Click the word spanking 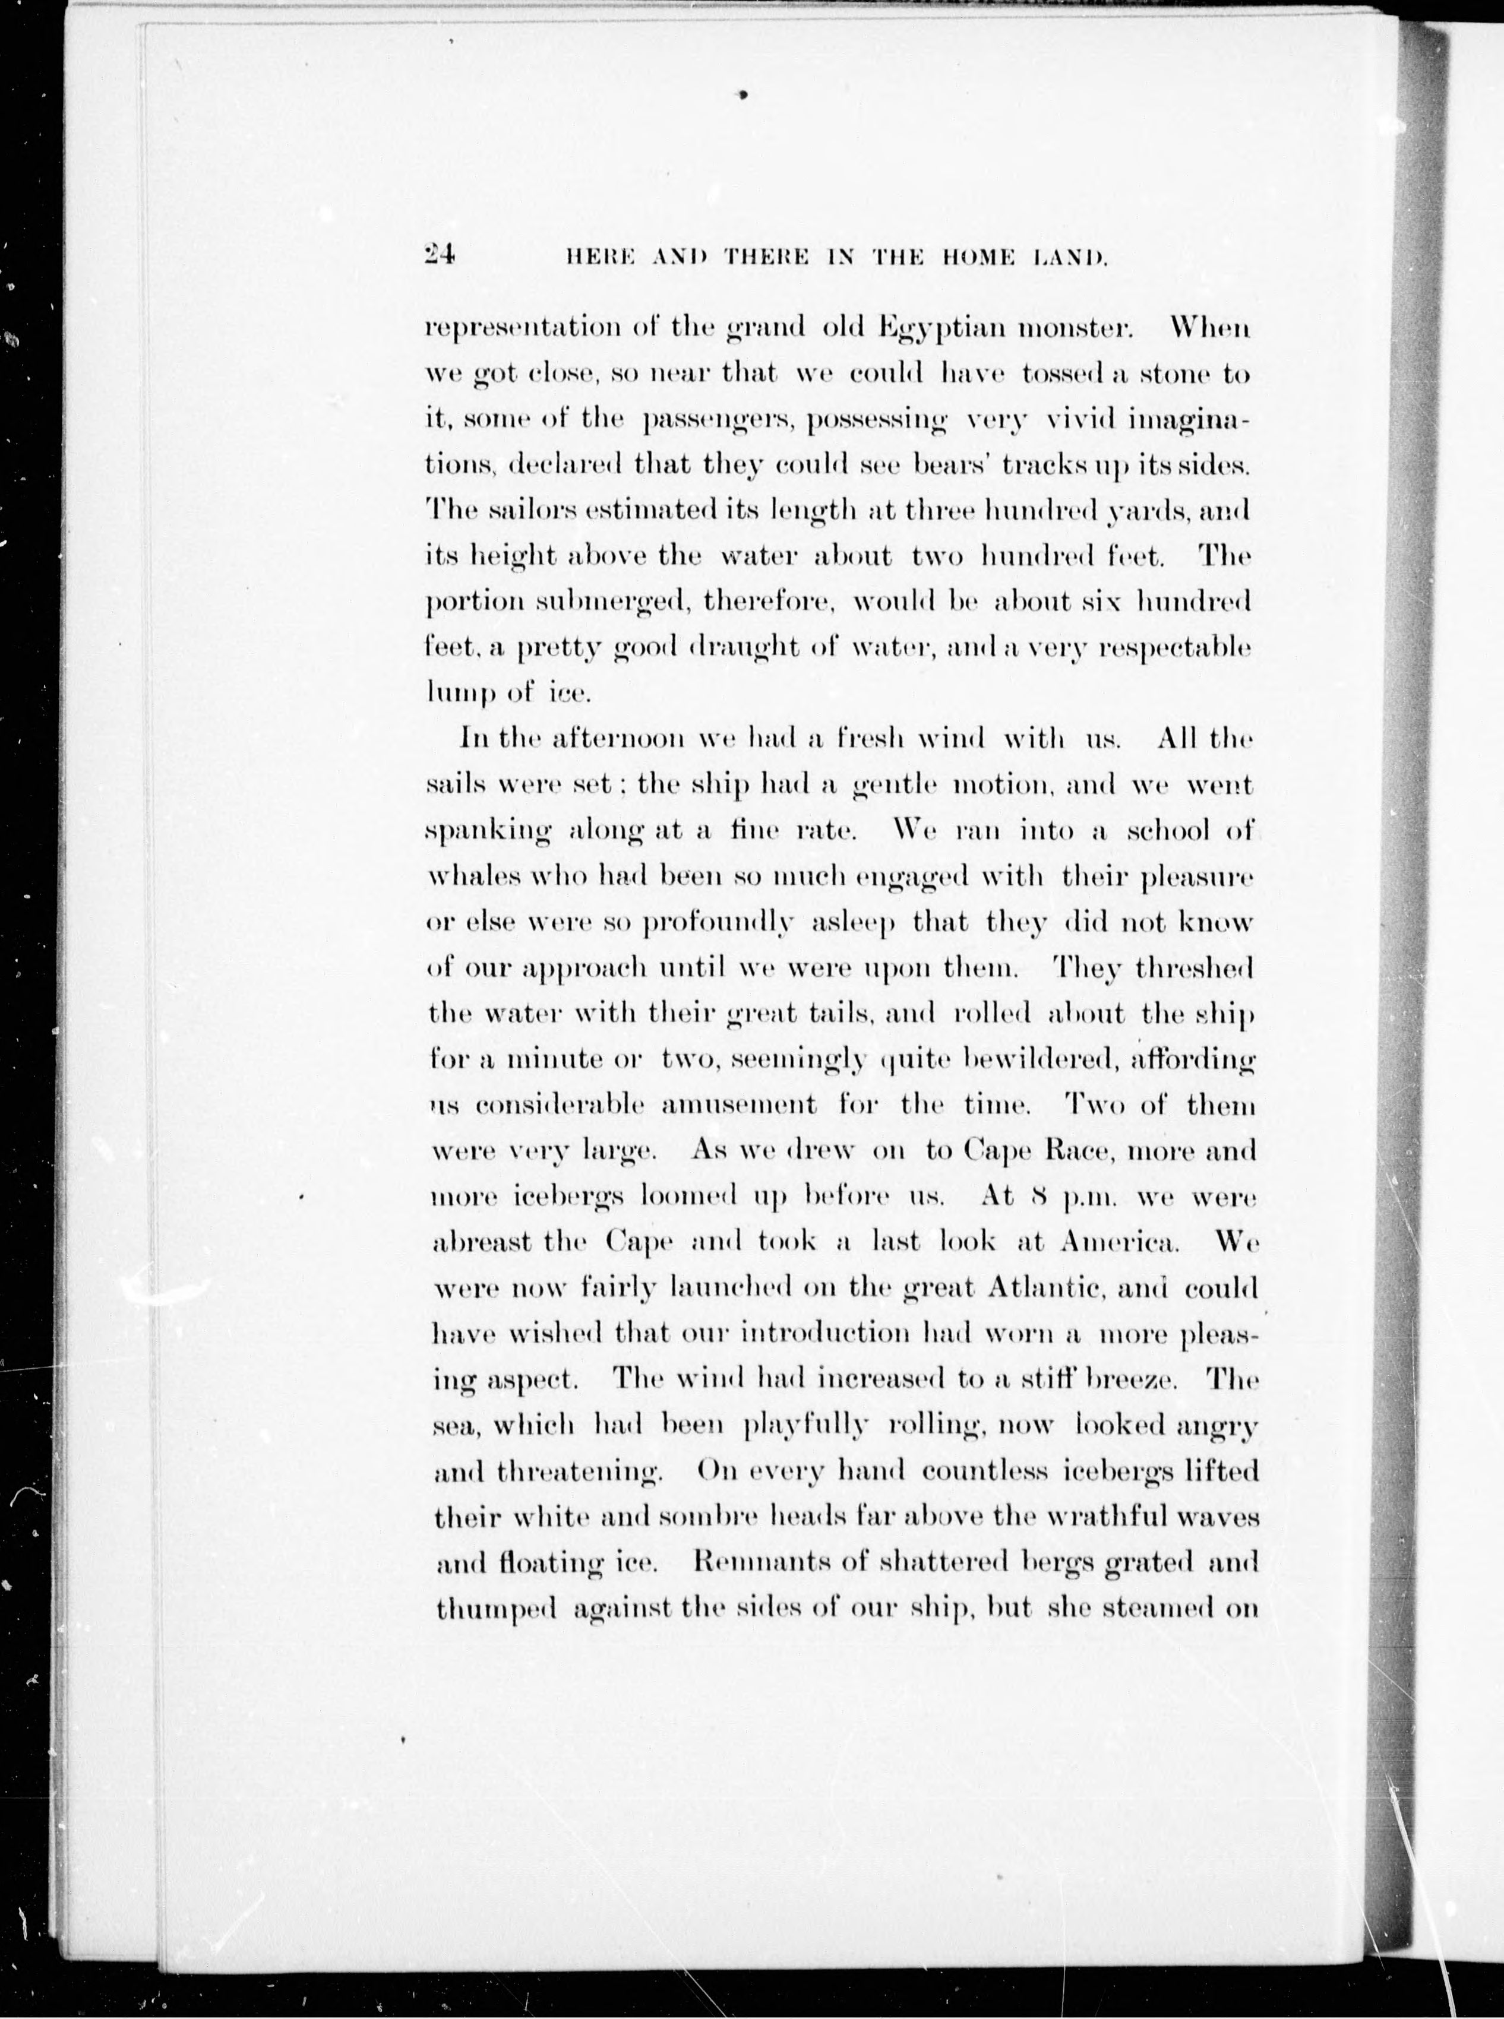(489, 832)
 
